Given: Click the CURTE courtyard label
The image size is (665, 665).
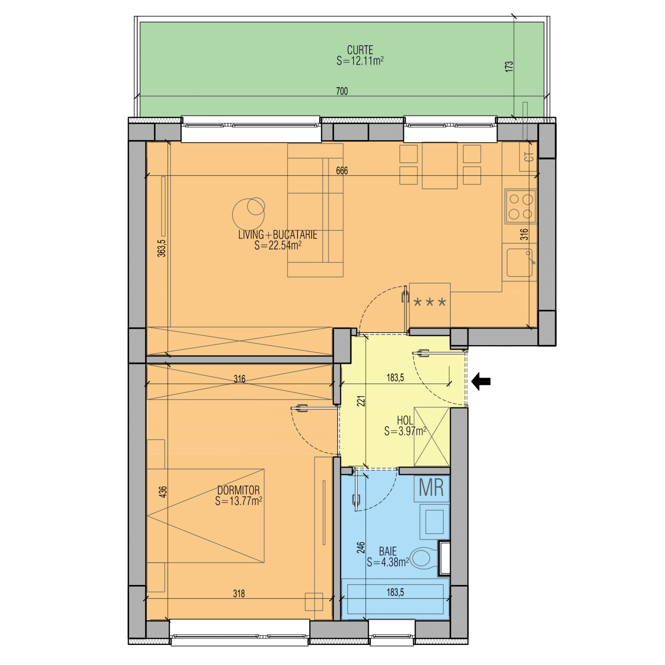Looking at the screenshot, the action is pyautogui.click(x=360, y=50).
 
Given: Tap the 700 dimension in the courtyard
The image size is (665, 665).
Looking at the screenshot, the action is pyautogui.click(x=342, y=91).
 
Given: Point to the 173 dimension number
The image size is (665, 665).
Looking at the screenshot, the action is pyautogui.click(x=509, y=66).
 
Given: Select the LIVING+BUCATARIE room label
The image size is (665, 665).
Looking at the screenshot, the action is pyautogui.click(x=278, y=235).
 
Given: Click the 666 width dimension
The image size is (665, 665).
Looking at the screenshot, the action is pyautogui.click(x=342, y=171).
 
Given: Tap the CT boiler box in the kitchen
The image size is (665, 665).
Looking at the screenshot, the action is pyautogui.click(x=528, y=156).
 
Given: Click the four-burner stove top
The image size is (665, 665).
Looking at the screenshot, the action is pyautogui.click(x=521, y=207).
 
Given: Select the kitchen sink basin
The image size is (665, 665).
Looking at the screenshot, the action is pyautogui.click(x=519, y=262).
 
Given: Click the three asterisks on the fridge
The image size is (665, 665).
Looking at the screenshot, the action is pyautogui.click(x=429, y=302).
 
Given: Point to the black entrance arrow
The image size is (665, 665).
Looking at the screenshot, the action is pyautogui.click(x=481, y=381).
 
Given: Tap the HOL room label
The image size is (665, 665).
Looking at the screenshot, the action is pyautogui.click(x=405, y=420).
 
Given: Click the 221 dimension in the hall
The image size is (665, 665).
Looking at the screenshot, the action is pyautogui.click(x=360, y=401).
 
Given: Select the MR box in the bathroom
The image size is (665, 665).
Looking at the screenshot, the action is pyautogui.click(x=432, y=488).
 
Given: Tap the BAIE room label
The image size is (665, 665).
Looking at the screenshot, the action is pyautogui.click(x=388, y=551).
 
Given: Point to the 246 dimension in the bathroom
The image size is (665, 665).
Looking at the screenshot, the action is pyautogui.click(x=360, y=548).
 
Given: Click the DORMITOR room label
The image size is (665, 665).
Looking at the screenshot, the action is pyautogui.click(x=238, y=490).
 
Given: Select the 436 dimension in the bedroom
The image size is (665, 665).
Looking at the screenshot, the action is pyautogui.click(x=162, y=492).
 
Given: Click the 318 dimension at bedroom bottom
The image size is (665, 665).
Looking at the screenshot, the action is pyautogui.click(x=239, y=594).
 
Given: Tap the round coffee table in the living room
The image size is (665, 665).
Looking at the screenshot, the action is pyautogui.click(x=248, y=214).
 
